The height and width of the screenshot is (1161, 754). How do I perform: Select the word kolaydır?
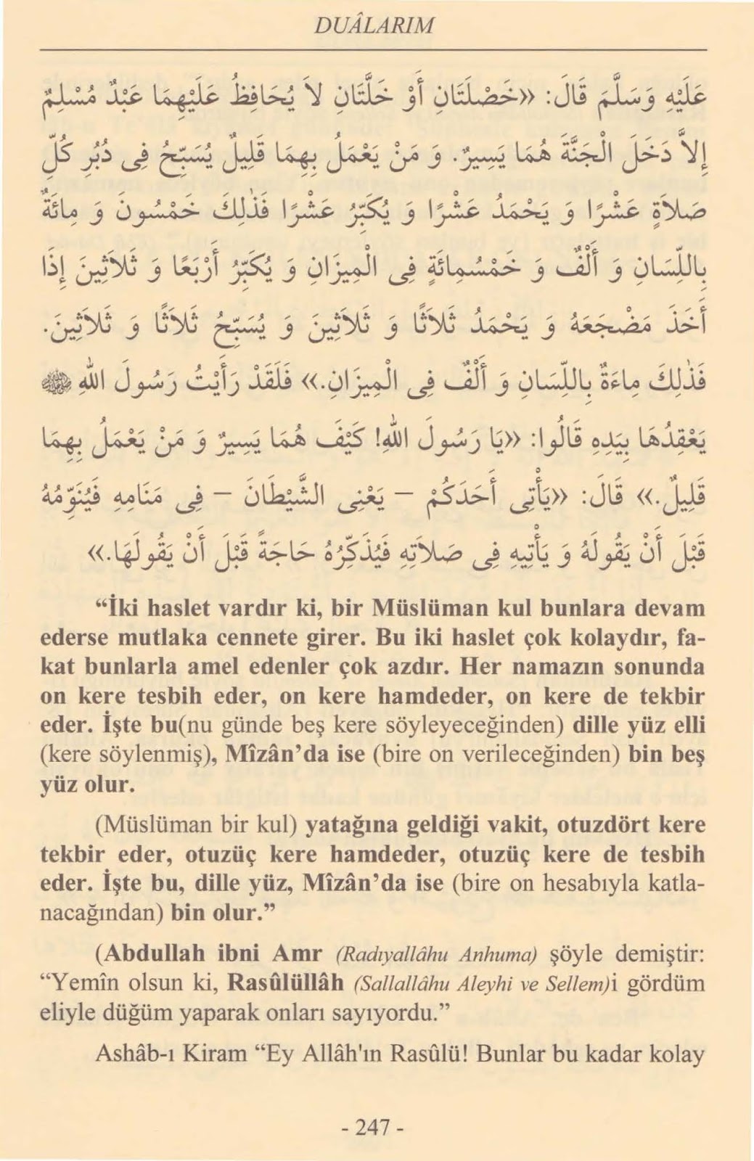coord(617,638)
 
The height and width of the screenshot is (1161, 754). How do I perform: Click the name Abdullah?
coord(147,953)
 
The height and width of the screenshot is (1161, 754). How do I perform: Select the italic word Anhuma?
coord(499,954)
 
